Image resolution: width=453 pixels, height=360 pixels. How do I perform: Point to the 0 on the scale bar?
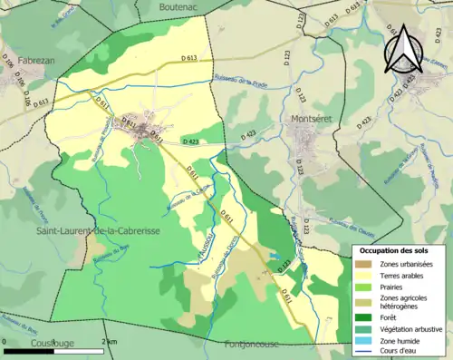pos(5,341)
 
